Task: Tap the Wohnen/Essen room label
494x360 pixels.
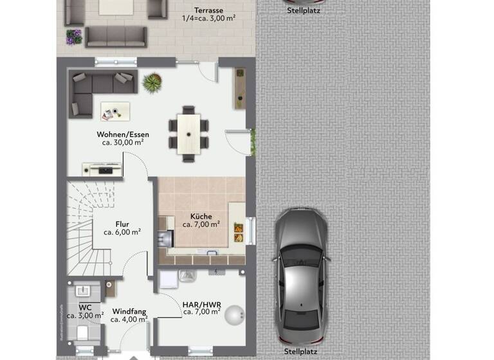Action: click(x=123, y=134)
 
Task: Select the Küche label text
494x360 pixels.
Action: click(x=201, y=217)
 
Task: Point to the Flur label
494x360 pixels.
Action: click(x=122, y=224)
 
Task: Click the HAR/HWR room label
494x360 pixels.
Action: click(x=201, y=303)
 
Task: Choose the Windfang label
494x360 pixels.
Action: click(x=129, y=310)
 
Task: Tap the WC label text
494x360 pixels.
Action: click(x=85, y=307)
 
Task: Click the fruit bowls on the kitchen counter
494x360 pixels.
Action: click(x=238, y=230)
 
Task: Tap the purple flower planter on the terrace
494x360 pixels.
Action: click(x=73, y=37)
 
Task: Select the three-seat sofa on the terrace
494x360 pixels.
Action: click(x=116, y=37)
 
